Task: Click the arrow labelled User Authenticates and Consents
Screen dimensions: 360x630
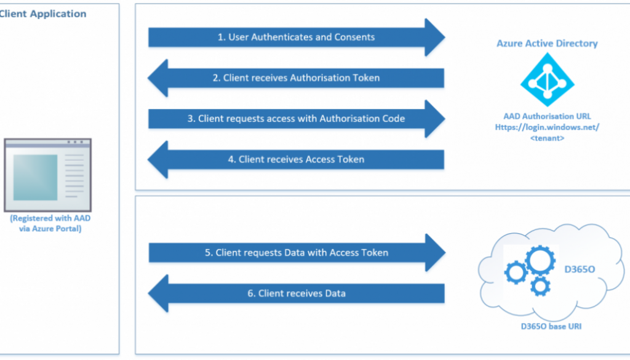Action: [x=296, y=38]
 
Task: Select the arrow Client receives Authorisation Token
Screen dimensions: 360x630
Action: [x=296, y=78]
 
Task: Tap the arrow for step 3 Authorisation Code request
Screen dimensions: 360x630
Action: [x=296, y=119]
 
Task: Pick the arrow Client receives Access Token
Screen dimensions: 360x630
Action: [x=296, y=159]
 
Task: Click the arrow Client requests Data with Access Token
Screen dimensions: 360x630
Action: [x=296, y=253]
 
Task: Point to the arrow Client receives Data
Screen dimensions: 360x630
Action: [x=296, y=294]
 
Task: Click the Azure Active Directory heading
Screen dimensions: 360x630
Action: [x=547, y=44]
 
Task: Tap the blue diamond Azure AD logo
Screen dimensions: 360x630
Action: [x=547, y=79]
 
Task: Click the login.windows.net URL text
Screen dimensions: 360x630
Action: [x=547, y=127]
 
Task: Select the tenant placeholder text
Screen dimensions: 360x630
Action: [x=547, y=138]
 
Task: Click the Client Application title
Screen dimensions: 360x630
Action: [x=43, y=14]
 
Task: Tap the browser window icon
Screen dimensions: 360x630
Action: [x=47, y=175]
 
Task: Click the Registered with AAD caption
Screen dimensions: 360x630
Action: [x=46, y=223]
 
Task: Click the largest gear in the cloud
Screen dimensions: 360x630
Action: [x=541, y=261]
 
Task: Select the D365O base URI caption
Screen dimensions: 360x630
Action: [x=548, y=326]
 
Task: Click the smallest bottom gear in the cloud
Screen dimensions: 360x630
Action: [x=540, y=286]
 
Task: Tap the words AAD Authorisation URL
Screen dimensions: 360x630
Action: [x=547, y=116]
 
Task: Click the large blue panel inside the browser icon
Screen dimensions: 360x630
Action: [x=36, y=178]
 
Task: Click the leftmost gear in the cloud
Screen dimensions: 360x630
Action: [x=515, y=272]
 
